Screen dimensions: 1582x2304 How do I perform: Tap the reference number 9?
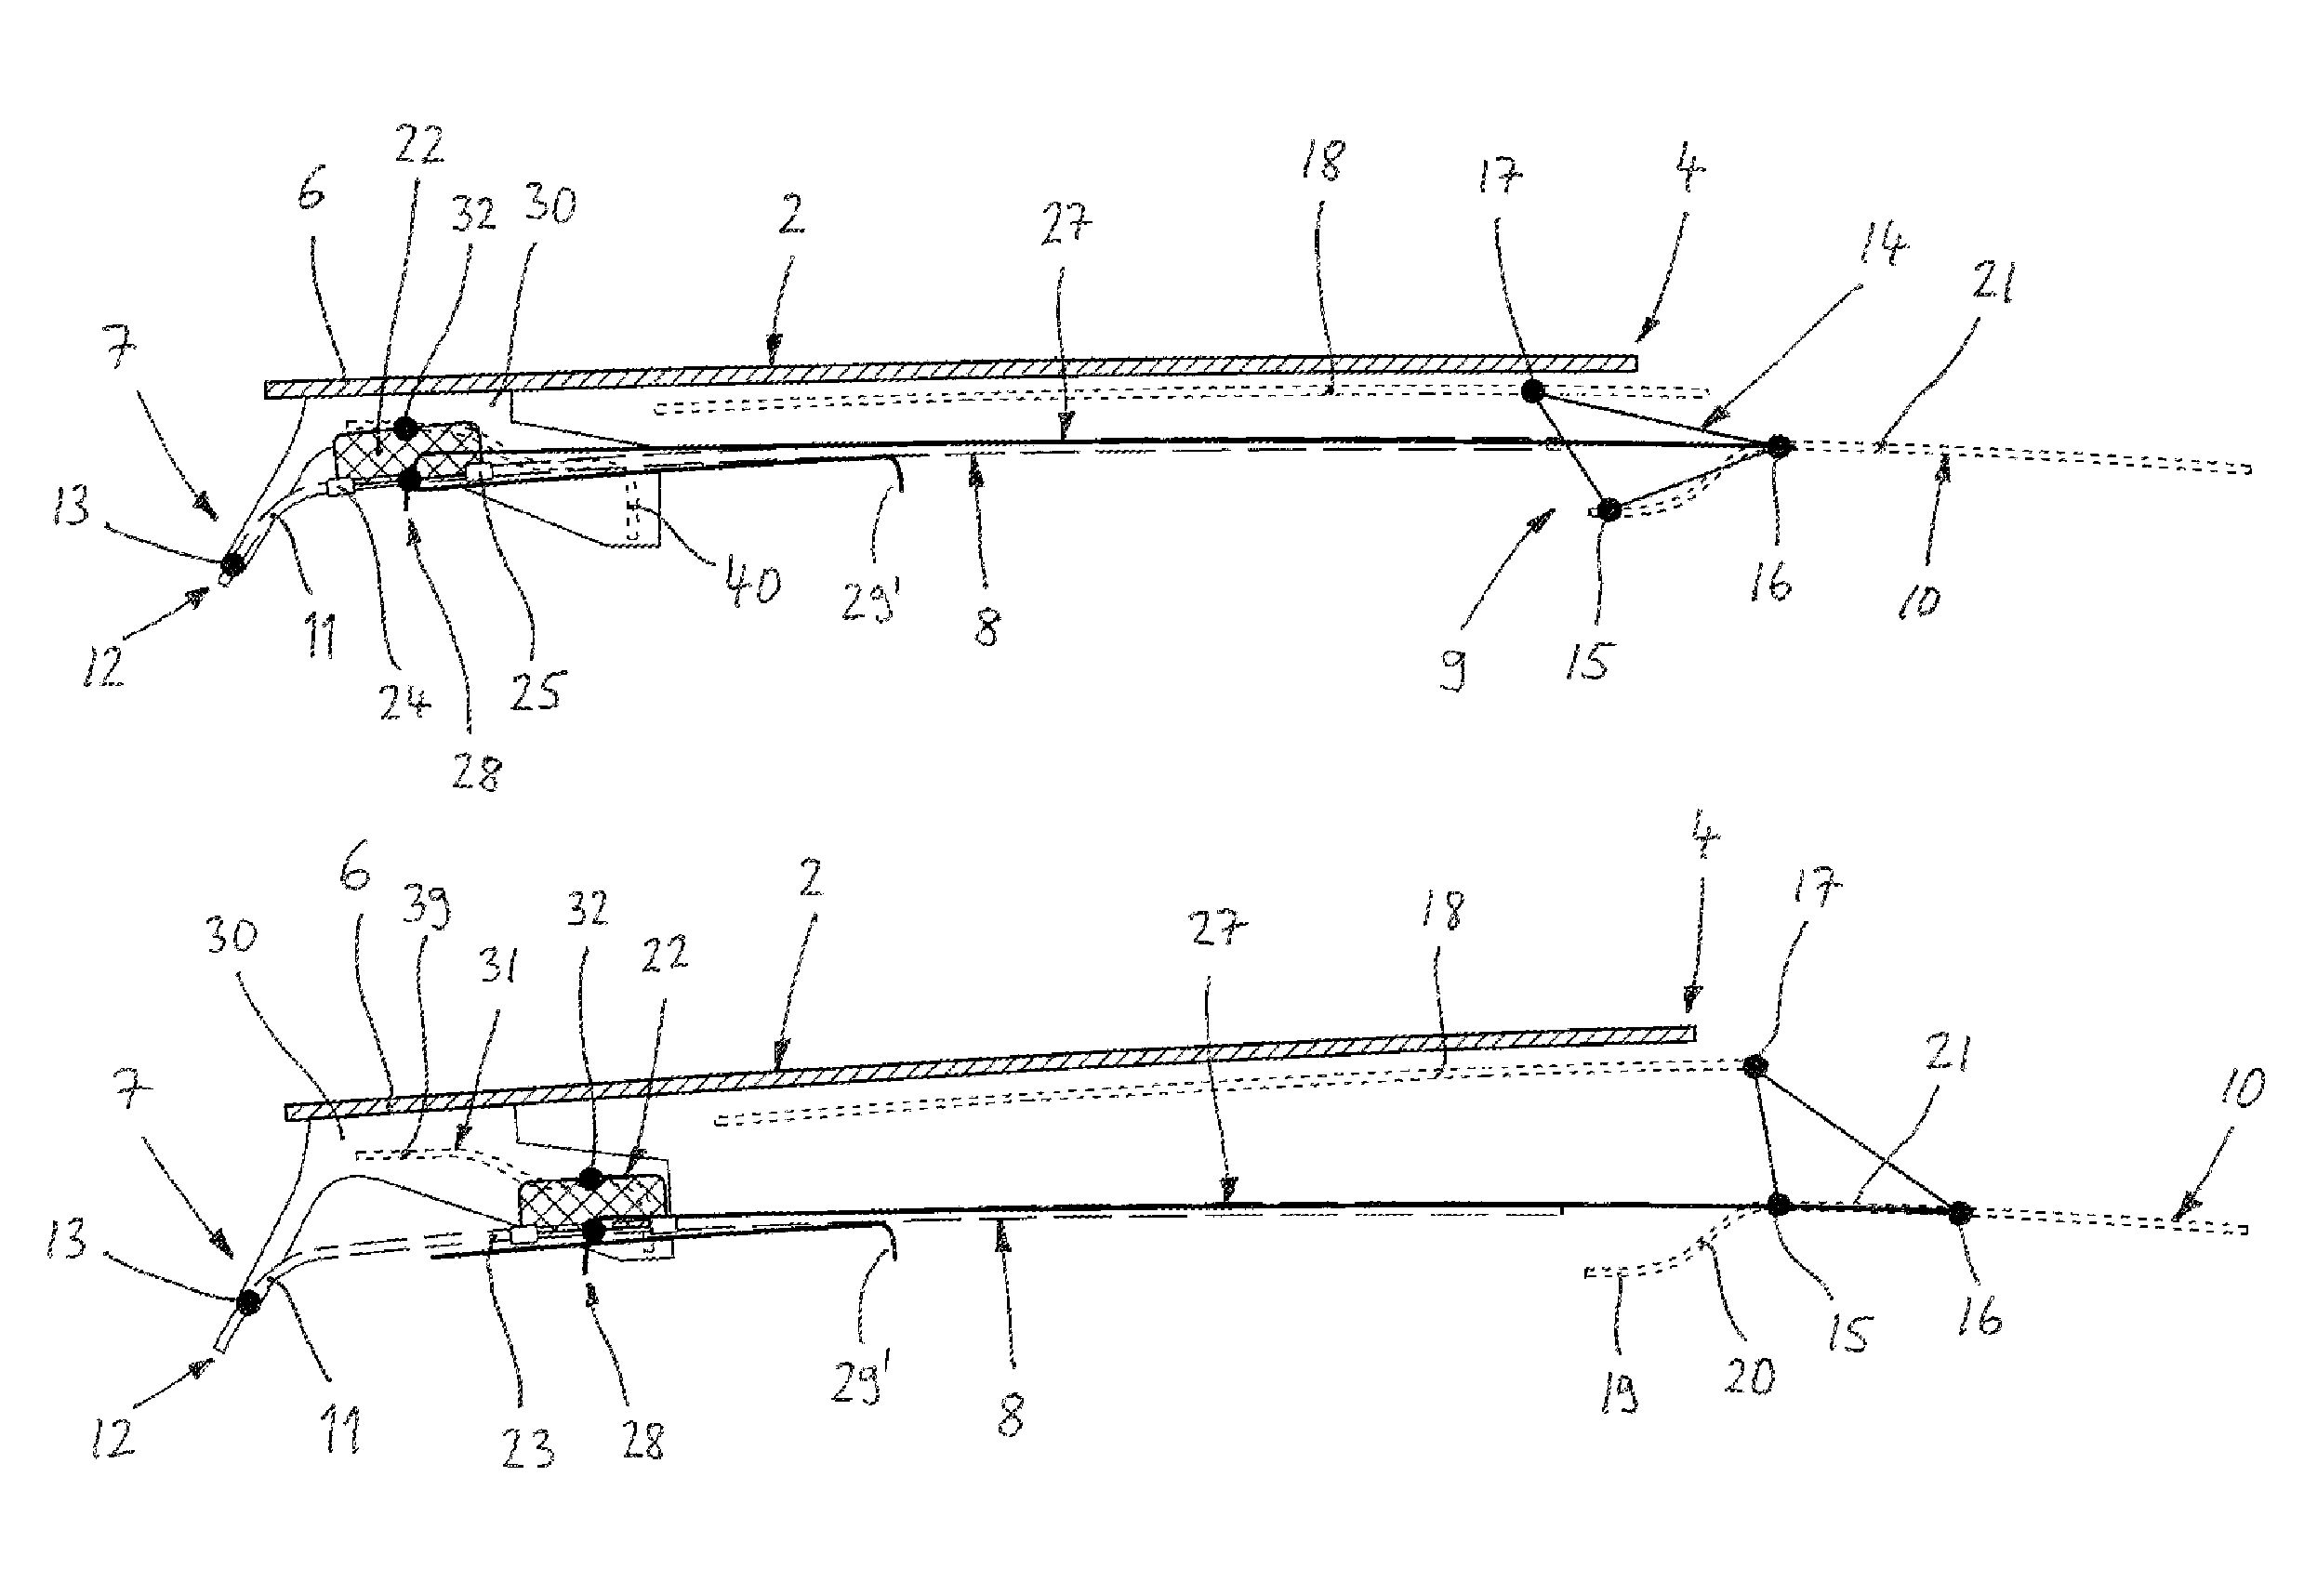pos(1452,670)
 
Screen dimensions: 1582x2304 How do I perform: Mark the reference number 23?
pos(527,1449)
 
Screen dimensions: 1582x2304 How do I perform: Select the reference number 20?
pos(1749,1376)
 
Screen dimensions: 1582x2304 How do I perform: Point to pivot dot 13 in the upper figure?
pos(233,564)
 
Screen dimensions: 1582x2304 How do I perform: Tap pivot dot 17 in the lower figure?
pos(1755,1066)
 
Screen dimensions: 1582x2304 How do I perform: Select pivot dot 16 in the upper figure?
pos(1780,447)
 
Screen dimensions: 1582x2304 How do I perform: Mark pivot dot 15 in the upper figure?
pos(1608,510)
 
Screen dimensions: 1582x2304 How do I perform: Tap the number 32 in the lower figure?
pos(587,909)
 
